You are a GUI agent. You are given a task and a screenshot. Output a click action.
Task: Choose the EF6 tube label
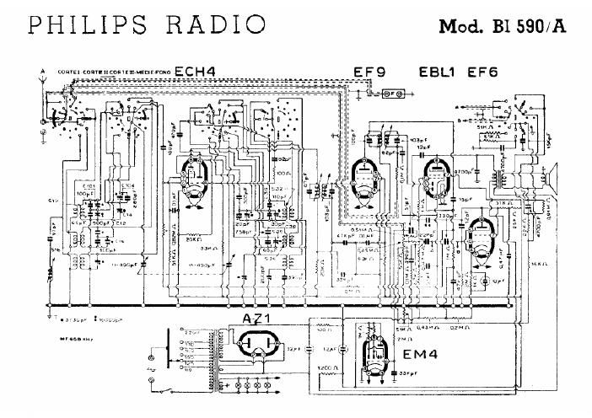pyautogui.click(x=482, y=72)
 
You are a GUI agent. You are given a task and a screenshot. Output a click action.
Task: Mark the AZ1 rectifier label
pyautogui.click(x=260, y=319)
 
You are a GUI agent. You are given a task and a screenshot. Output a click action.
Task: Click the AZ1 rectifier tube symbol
pyautogui.click(x=260, y=346)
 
